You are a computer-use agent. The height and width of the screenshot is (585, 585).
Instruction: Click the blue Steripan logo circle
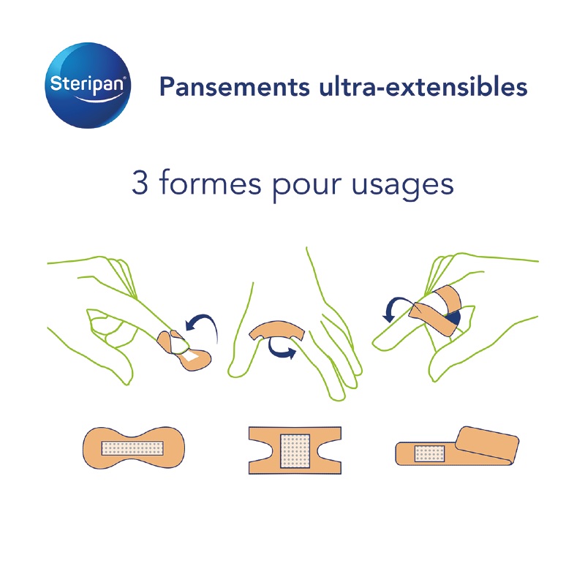point(90,86)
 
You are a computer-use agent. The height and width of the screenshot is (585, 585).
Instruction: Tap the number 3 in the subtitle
point(140,183)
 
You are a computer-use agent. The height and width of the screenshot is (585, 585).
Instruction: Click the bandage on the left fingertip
point(186,350)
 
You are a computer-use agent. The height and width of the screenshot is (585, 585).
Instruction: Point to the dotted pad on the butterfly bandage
point(132,447)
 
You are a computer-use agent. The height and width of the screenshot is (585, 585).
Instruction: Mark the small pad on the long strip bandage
point(430,453)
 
